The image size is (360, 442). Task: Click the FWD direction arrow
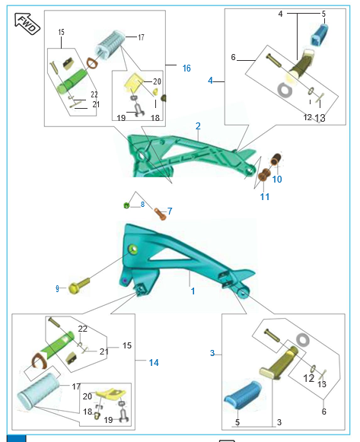(27, 24)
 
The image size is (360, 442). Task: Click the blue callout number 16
(186, 68)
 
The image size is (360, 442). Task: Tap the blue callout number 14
(154, 363)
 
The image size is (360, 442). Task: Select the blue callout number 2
(198, 126)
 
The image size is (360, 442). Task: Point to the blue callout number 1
(193, 291)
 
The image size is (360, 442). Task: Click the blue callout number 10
(277, 179)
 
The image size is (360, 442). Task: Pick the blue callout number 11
(264, 196)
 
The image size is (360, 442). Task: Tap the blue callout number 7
(170, 211)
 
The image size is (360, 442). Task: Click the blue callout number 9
(57, 288)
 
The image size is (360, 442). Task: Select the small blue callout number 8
(142, 204)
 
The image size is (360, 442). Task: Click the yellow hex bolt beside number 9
(79, 285)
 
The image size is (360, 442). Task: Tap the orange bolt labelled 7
(160, 214)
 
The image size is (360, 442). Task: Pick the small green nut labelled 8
(126, 205)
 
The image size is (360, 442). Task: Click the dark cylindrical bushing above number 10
(276, 159)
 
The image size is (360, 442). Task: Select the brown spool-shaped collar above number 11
(264, 175)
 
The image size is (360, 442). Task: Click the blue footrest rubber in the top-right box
(320, 35)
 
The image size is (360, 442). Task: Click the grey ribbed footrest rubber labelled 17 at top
(110, 45)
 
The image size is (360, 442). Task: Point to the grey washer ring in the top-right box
(285, 91)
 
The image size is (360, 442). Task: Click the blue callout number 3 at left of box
(212, 353)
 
